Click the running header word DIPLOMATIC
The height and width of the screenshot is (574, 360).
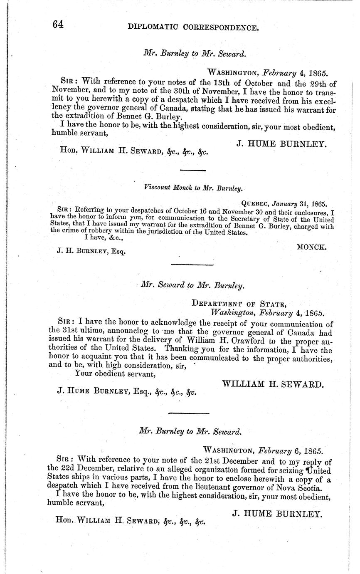point(153,27)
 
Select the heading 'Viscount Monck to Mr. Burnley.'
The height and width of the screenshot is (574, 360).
point(193,188)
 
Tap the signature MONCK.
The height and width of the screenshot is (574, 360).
point(312,247)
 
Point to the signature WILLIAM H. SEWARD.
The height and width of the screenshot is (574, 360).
point(272,384)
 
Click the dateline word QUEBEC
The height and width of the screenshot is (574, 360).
point(255,204)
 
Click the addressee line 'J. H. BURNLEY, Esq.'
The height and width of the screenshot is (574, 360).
point(91,251)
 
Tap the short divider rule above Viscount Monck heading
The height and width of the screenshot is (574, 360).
point(192,170)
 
